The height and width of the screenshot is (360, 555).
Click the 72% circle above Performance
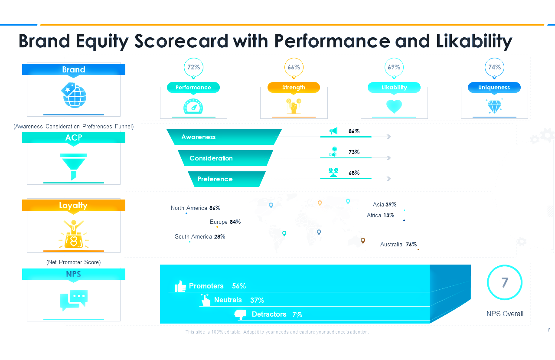[193, 67]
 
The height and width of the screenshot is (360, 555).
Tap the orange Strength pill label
[294, 87]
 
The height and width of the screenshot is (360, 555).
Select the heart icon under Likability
[394, 106]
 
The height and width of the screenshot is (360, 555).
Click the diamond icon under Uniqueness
[494, 106]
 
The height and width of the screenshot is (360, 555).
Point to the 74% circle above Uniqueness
[494, 67]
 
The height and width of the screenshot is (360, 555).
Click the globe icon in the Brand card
[74, 95]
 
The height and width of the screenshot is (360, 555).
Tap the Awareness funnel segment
[224, 137]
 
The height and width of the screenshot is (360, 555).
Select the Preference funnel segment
[226, 179]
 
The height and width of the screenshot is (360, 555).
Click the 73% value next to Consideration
[354, 152]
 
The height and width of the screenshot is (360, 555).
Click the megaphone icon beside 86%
[333, 131]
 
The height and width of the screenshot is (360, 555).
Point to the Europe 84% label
[225, 222]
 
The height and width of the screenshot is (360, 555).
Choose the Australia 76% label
[398, 245]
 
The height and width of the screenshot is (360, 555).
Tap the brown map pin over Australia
[363, 240]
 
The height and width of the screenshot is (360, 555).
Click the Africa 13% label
[380, 215]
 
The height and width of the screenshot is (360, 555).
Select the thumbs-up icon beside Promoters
[180, 286]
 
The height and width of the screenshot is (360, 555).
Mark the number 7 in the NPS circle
[505, 283]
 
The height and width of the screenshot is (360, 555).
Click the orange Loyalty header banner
[74, 205]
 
